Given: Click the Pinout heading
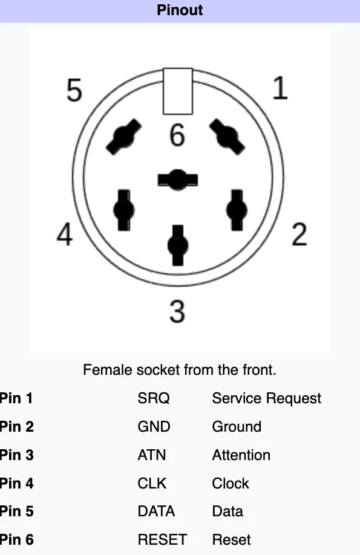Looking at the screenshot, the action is [x=180, y=10].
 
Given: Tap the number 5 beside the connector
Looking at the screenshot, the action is [x=74, y=91].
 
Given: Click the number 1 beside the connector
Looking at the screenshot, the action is [x=280, y=88].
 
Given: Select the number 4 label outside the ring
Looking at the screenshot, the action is [x=65, y=234].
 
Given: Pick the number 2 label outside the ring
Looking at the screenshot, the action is [x=299, y=234].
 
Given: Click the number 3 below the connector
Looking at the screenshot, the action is [x=177, y=311].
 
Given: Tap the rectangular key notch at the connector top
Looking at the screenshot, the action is [x=178, y=91].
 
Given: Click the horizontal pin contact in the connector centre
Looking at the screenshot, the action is [x=177, y=180].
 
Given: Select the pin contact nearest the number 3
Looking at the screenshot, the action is [x=178, y=245].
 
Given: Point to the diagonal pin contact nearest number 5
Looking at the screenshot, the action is [x=123, y=137].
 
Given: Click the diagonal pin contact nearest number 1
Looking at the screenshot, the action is [x=227, y=137].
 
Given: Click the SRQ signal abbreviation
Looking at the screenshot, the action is [x=154, y=398].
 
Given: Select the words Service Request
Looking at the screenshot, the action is [x=266, y=398].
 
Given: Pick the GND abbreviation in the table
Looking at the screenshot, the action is [x=154, y=426].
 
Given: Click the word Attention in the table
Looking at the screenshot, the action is [x=241, y=455].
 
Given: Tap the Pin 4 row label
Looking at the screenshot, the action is [x=17, y=483].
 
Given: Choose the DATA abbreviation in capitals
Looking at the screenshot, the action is [x=156, y=511].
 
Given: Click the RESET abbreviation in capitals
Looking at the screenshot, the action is [x=162, y=539].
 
